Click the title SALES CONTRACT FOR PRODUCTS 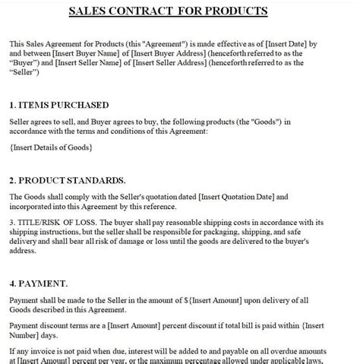(178, 11)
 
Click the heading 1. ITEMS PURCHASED (59, 105)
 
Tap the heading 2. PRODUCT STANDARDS (68, 180)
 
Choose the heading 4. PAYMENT (40, 280)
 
